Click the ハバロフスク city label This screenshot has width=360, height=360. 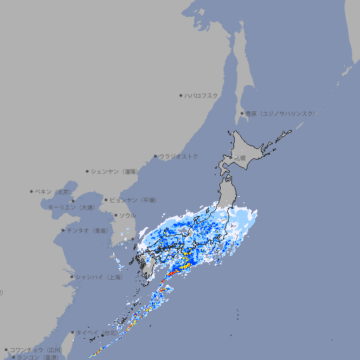(202, 95)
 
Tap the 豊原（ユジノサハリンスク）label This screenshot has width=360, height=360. (281, 113)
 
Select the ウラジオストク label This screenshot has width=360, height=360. (179, 156)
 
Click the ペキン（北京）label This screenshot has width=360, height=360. (54, 191)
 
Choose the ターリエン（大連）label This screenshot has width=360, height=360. (71, 207)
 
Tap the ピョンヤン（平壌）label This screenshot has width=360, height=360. (134, 200)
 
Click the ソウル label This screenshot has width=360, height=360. (127, 215)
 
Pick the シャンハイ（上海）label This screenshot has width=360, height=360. (99, 277)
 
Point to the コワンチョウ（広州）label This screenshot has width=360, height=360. (36, 349)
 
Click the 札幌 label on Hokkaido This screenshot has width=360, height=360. (240, 158)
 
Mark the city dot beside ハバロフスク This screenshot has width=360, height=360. (181, 95)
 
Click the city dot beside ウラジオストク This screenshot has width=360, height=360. (155, 156)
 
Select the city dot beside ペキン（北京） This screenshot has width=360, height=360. (32, 191)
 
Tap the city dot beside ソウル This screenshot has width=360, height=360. (115, 215)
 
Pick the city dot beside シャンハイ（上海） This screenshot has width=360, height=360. (72, 277)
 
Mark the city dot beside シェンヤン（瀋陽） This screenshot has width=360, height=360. (87, 171)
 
